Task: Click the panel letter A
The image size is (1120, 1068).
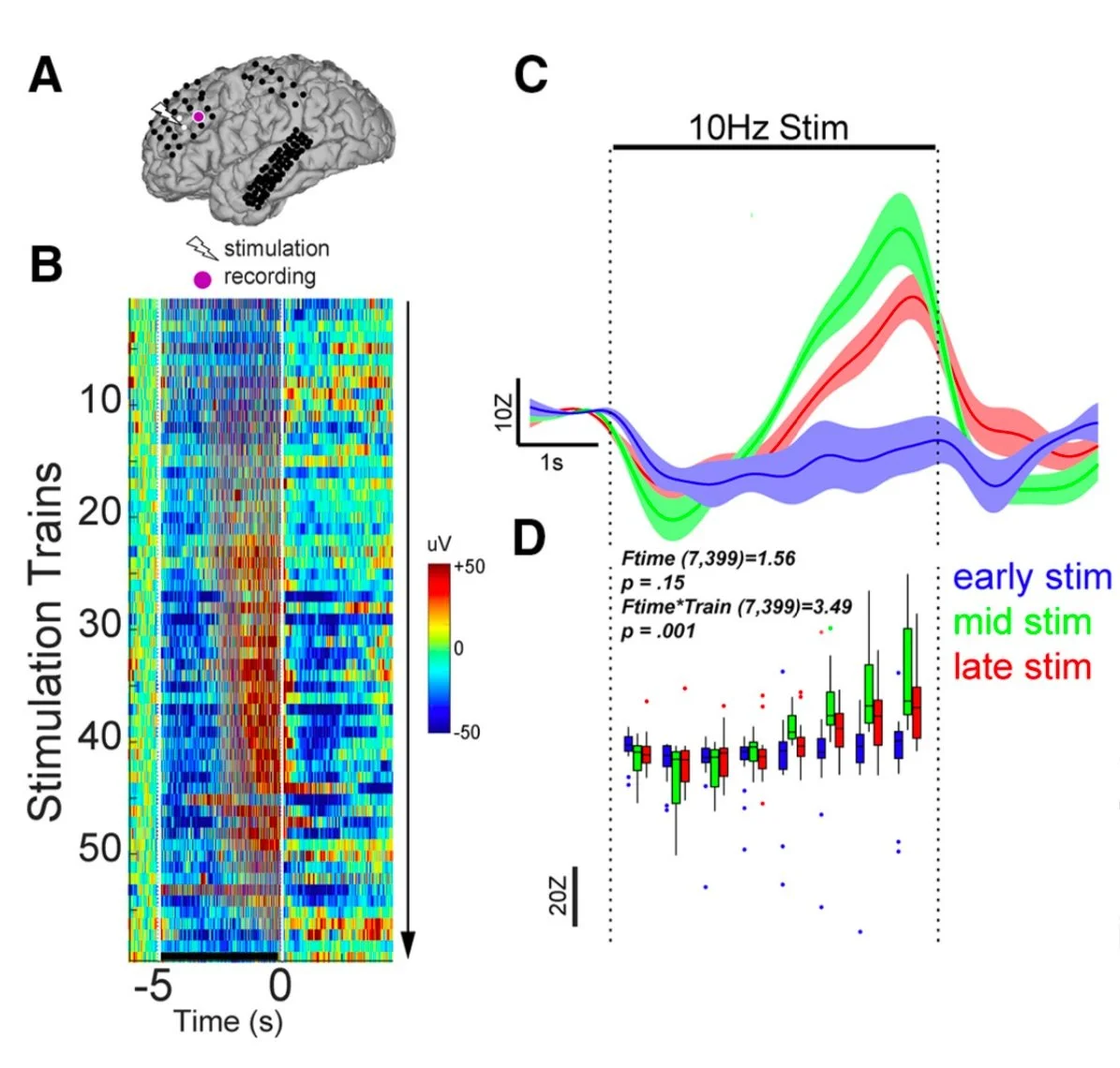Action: [45, 76]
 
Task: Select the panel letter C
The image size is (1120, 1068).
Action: [531, 75]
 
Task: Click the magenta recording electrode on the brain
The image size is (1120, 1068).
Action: [199, 116]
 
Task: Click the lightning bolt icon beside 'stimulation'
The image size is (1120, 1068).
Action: [202, 248]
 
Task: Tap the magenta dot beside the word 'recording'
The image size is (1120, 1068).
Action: [201, 278]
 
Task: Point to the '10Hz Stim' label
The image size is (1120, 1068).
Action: [769, 127]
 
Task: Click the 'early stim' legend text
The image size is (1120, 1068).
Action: [1032, 578]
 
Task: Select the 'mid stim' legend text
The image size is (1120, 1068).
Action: [1023, 622]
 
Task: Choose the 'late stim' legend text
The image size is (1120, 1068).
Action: [1023, 667]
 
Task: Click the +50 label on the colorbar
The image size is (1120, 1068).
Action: [469, 568]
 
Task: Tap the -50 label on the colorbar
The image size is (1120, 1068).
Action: [467, 732]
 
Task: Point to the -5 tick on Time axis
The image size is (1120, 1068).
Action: [152, 986]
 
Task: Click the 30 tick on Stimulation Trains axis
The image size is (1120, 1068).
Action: [100, 624]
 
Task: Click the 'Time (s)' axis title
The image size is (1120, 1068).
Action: [228, 1021]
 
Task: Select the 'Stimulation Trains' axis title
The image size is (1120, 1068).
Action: [45, 642]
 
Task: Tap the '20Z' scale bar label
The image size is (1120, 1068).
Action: [558, 896]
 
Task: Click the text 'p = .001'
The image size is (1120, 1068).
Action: [658, 630]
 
